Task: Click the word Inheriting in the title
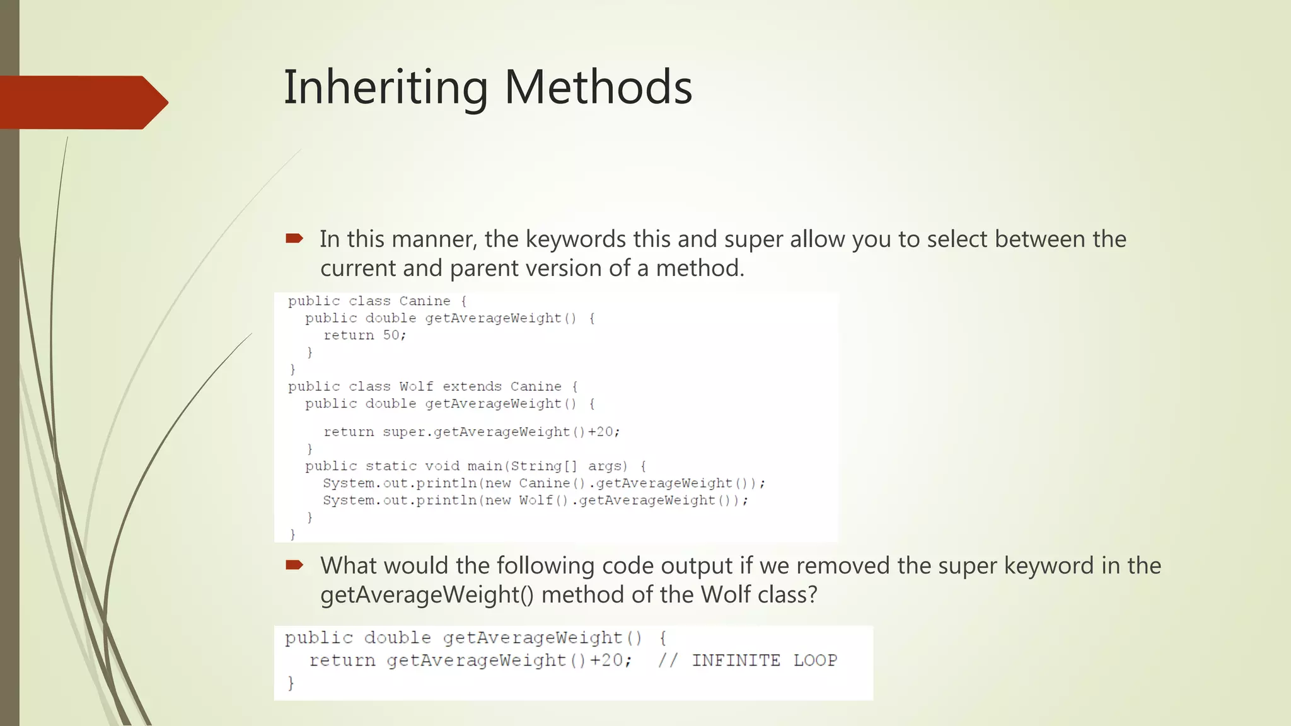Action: (385, 87)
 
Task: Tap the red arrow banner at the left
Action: (82, 102)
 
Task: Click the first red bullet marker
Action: (294, 238)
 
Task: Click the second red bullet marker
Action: (294, 565)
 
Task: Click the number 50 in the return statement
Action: (391, 335)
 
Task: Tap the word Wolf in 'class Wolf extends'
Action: (416, 386)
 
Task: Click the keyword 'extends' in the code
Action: (472, 386)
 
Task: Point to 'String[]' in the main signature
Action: (543, 466)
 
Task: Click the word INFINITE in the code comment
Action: (736, 660)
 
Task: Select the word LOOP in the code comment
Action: (815, 660)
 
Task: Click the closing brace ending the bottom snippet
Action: (291, 683)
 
